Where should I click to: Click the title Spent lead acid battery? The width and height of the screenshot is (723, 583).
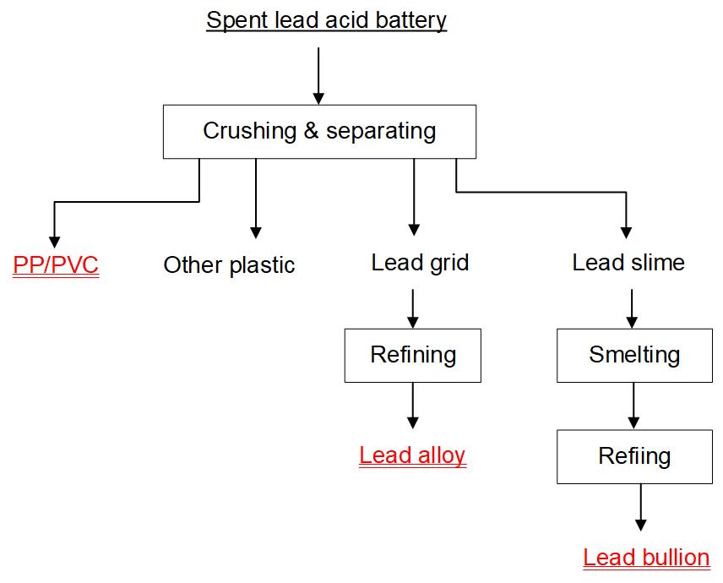pyautogui.click(x=326, y=20)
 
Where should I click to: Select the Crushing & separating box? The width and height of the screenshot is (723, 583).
pyautogui.click(x=319, y=131)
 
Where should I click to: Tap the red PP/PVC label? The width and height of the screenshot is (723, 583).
pyautogui.click(x=56, y=265)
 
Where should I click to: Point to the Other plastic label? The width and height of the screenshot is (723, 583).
pyautogui.click(x=229, y=265)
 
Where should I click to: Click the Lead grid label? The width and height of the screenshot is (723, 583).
pyautogui.click(x=420, y=263)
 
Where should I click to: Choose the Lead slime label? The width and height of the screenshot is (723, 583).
pyautogui.click(x=628, y=263)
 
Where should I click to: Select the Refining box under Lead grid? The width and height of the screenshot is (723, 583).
pyautogui.click(x=413, y=355)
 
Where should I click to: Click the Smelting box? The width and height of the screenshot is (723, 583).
pyautogui.click(x=634, y=355)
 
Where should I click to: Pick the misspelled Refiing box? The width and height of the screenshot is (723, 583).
pyautogui.click(x=634, y=457)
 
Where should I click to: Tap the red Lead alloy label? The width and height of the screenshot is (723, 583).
pyautogui.click(x=412, y=455)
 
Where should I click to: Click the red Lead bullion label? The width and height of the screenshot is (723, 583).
pyautogui.click(x=646, y=558)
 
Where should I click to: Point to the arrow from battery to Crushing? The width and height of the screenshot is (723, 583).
pyautogui.click(x=318, y=76)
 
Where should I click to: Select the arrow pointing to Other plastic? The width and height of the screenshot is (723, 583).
pyautogui.click(x=255, y=199)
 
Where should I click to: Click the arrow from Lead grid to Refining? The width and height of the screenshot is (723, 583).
pyautogui.click(x=413, y=308)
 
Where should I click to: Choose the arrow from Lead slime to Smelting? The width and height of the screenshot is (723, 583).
pyautogui.click(x=633, y=308)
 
